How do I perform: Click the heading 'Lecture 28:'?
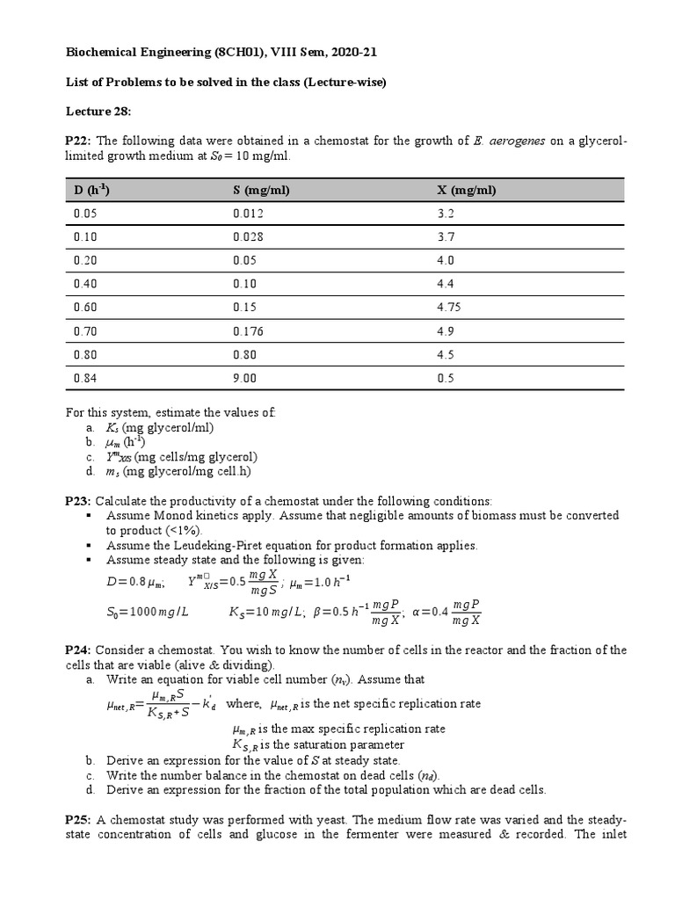click(98, 112)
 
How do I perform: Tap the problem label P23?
click(78, 500)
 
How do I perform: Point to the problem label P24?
click(78, 650)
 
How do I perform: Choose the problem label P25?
click(78, 819)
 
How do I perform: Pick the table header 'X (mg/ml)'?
click(466, 191)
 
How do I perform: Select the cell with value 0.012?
click(248, 214)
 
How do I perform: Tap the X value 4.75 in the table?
click(449, 308)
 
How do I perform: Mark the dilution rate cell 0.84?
click(84, 378)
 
